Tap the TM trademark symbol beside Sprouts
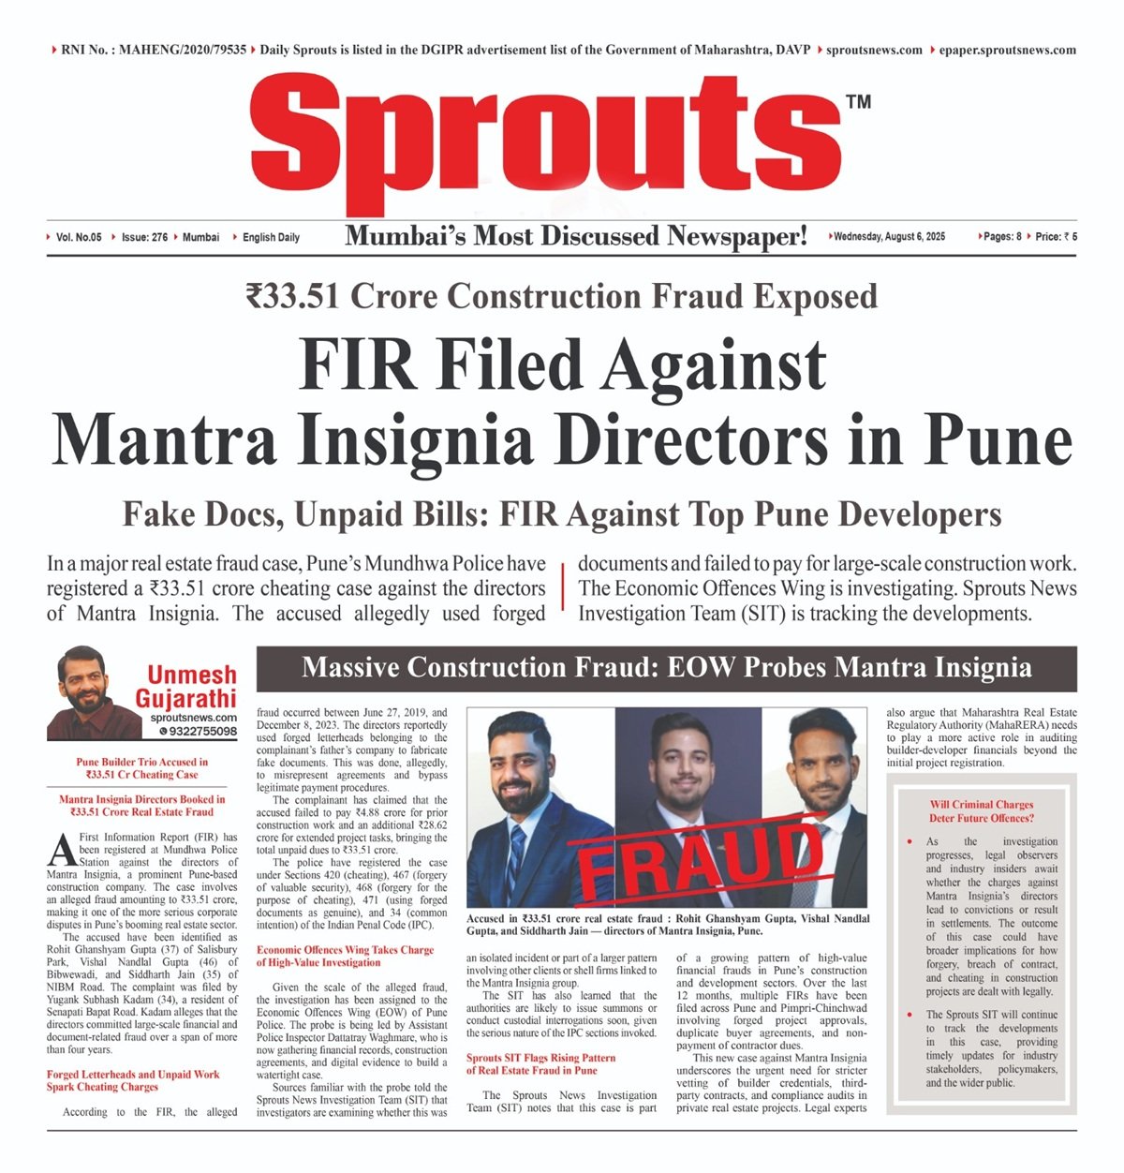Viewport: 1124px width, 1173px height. [x=858, y=101]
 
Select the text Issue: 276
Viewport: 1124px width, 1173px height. [x=144, y=237]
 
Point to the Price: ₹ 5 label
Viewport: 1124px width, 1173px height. [x=1057, y=237]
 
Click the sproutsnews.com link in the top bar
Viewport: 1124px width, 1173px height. [x=874, y=50]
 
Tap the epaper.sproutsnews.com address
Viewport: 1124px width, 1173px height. [x=1007, y=50]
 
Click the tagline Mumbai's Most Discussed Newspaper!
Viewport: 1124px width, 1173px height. [x=576, y=236]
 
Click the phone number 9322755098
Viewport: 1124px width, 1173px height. [x=202, y=731]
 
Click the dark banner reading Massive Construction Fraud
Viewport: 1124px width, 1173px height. [x=666, y=668]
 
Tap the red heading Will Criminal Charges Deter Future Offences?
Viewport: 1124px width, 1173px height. [x=981, y=810]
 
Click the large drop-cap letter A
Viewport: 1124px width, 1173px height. [x=60, y=850]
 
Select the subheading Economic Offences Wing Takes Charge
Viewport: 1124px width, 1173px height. [x=345, y=956]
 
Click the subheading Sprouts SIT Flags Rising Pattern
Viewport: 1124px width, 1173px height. [x=540, y=1063]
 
